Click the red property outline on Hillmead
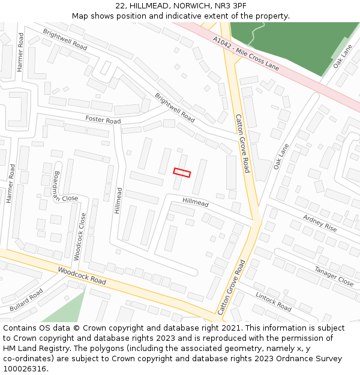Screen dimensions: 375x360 182,173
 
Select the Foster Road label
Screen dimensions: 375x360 103,120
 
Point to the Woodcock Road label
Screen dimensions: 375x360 82,277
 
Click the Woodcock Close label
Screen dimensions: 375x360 80,236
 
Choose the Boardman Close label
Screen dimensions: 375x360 65,187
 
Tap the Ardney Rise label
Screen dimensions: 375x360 320,223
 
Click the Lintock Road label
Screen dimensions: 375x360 274,301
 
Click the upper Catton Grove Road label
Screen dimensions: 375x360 242,143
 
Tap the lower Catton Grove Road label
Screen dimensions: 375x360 232,287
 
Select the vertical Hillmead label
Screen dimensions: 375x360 119,201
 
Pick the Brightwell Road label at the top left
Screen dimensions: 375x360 65,39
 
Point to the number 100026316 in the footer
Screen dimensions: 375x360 25,368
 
